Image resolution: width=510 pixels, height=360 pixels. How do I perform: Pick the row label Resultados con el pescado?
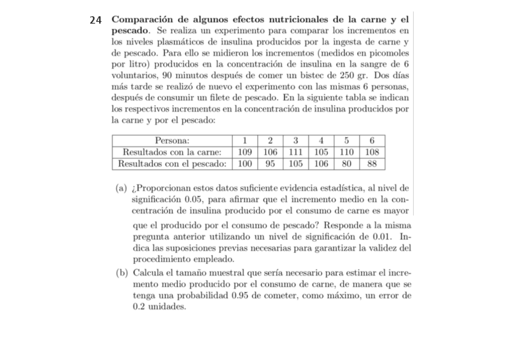pyautogui.click(x=172, y=162)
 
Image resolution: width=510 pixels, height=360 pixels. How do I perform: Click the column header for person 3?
pyautogui.click(x=295, y=141)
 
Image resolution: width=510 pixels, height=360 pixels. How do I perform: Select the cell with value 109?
pyautogui.click(x=244, y=151)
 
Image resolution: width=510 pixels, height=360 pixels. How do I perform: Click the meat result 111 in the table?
pyautogui.click(x=295, y=151)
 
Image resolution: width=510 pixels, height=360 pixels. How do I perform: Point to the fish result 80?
pyautogui.click(x=346, y=162)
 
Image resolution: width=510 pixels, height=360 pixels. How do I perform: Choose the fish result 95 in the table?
pyautogui.click(x=269, y=162)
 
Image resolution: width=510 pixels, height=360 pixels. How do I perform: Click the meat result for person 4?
pyautogui.click(x=321, y=151)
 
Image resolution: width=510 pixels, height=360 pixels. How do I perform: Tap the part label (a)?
pyautogui.click(x=121, y=189)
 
